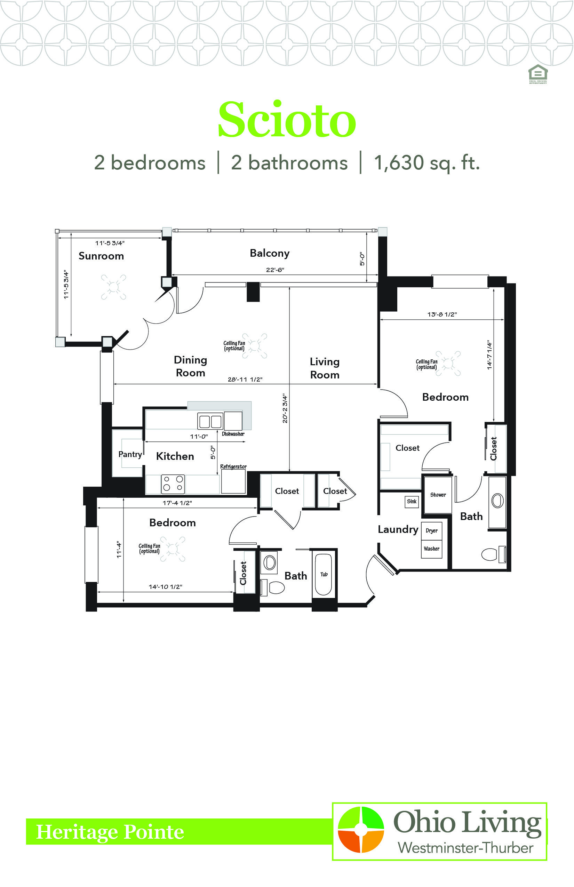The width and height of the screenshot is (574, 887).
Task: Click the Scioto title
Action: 287,120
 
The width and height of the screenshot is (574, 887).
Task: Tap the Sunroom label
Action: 101,256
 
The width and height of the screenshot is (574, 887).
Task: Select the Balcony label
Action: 270,253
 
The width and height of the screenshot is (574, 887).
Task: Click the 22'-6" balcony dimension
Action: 275,270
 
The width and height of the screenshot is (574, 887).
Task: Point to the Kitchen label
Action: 175,456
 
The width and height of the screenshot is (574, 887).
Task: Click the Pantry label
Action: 130,454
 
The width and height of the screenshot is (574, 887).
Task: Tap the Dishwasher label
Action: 233,434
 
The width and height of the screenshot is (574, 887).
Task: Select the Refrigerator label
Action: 233,466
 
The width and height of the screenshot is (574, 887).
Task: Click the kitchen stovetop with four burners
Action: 173,484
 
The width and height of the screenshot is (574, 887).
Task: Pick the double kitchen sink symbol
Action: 210,422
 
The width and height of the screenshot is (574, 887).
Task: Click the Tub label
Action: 324,574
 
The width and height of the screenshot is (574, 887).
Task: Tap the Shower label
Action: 438,495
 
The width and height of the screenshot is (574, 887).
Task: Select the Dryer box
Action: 432,531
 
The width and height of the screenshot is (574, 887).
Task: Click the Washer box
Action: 432,549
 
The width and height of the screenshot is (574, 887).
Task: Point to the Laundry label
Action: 398,529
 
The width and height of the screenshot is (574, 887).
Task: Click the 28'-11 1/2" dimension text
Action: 245,379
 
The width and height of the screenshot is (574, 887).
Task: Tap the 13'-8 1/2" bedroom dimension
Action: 442,314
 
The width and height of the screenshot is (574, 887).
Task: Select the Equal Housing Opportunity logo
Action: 538,74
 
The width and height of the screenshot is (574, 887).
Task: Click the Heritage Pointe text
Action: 110,832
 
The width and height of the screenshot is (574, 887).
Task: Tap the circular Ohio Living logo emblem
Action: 361,830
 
